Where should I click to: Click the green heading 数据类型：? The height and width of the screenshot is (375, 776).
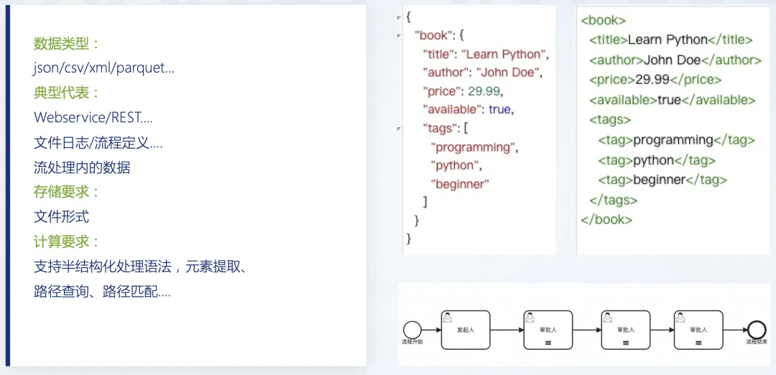pos(66,44)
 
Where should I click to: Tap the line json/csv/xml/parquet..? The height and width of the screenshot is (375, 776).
pos(104,68)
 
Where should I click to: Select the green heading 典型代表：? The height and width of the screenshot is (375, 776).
pos(66,93)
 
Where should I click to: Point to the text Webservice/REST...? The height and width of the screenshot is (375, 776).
pos(93,117)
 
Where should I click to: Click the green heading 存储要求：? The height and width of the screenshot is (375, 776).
pos(66,192)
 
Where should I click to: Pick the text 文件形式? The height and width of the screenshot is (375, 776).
pos(61,216)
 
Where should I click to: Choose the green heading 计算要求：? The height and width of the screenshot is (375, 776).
pos(66,241)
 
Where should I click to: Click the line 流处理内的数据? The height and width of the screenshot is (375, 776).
pos(82,167)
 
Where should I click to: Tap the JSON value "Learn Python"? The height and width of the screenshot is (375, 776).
pos(504,55)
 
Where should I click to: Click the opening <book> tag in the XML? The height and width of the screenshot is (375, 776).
pos(603,20)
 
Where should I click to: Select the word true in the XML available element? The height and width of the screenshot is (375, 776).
pos(669,100)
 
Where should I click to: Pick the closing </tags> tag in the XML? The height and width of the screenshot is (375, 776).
pos(613,200)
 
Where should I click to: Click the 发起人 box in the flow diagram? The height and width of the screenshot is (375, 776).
pos(465,330)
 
